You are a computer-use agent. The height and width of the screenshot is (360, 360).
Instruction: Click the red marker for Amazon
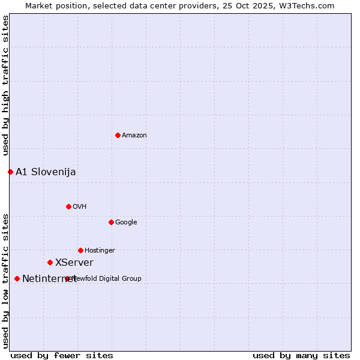click(118, 135)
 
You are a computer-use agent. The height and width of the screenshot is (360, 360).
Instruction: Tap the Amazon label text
click(134, 136)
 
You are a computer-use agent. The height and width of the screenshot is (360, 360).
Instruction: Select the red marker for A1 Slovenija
click(10, 172)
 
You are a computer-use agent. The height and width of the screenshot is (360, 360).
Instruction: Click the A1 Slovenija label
click(46, 172)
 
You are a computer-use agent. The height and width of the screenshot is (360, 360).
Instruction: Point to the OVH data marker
click(68, 206)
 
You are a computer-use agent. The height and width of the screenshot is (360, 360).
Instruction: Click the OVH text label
click(80, 207)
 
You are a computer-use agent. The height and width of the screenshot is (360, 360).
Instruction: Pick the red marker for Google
click(111, 222)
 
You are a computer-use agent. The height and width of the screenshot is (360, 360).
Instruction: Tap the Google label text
click(126, 223)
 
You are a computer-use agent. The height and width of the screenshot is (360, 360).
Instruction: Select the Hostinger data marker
click(80, 250)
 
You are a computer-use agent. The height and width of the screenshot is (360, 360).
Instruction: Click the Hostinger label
click(100, 251)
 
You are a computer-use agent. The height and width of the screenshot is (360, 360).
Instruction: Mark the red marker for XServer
click(50, 262)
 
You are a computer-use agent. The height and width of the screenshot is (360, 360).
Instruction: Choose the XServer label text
click(74, 263)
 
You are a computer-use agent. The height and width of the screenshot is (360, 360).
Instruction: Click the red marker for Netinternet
click(17, 278)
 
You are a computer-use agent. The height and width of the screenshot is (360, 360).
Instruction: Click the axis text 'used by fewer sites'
click(62, 356)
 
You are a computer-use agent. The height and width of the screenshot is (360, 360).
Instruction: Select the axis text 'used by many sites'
click(301, 356)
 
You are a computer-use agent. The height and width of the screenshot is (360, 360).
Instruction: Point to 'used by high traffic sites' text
click(6, 85)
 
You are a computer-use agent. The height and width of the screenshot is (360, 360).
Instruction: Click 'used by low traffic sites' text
click(6, 281)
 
